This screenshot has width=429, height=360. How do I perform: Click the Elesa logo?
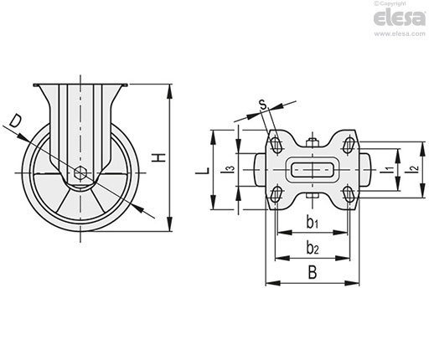400,18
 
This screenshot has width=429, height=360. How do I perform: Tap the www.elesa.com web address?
400,34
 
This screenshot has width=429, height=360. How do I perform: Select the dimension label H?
159,157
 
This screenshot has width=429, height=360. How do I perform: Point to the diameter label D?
15,121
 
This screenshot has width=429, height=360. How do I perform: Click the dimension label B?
313,272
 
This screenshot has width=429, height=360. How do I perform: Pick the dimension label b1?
313,223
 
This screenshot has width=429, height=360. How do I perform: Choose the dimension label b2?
313,248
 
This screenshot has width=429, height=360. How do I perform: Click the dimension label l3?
228,169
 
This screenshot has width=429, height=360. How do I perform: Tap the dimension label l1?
387,169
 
